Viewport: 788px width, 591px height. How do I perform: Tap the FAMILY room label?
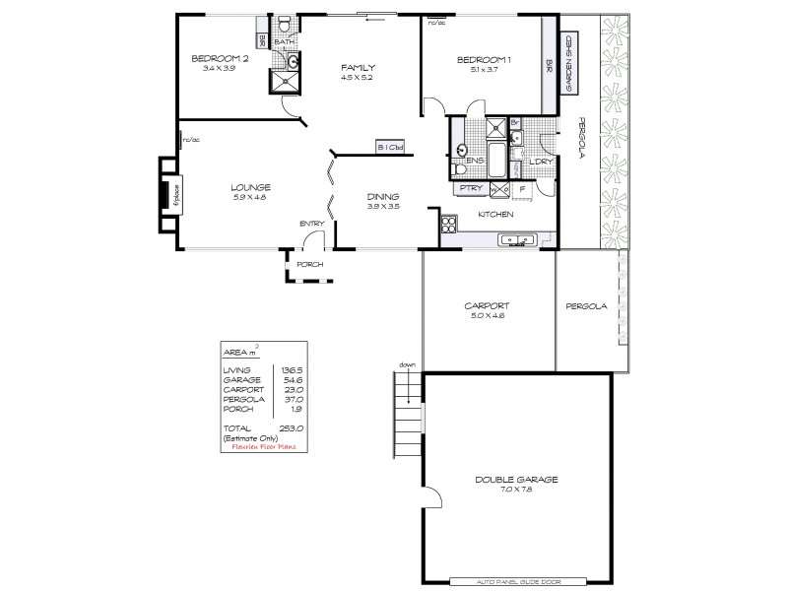click(x=359, y=68)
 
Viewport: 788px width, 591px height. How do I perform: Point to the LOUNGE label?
click(x=250, y=187)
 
